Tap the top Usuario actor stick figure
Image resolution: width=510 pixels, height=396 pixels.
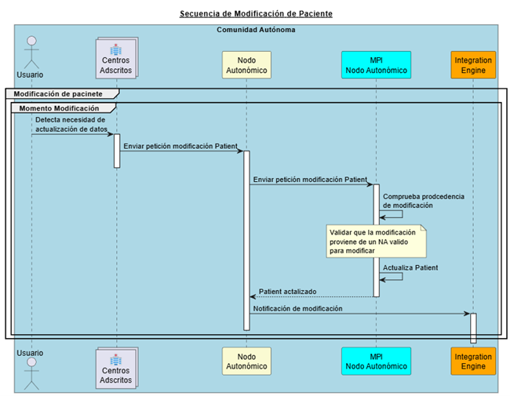pos(31,49)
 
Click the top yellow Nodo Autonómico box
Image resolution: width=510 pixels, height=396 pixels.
pos(246,64)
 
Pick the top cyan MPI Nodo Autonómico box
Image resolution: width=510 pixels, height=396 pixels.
pos(376,64)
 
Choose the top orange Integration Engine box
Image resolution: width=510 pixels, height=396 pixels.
pos(473,64)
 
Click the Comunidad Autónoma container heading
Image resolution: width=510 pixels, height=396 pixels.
pos(256,29)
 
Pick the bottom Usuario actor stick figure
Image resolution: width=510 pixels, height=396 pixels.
pos(31,375)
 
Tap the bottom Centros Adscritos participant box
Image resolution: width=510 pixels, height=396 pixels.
pos(116,369)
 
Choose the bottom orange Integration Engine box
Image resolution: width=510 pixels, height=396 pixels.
pos(473,361)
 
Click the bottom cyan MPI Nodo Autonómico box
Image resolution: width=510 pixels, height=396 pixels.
pos(376,361)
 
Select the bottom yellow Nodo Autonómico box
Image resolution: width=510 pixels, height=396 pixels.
pos(246,361)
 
